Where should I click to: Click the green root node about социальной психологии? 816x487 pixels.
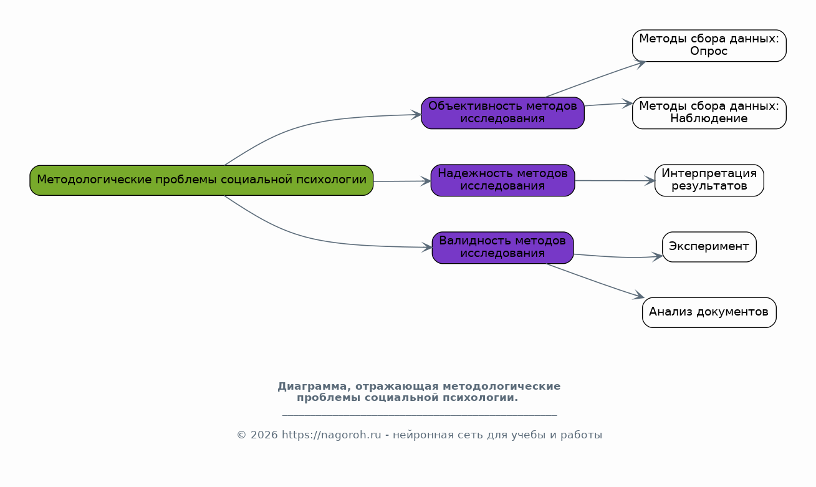click(201, 180)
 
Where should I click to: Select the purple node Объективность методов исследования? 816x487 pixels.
click(502, 113)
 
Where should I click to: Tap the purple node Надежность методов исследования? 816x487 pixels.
click(502, 180)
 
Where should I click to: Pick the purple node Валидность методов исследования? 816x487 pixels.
click(502, 248)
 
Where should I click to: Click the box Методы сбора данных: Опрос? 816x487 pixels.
click(709, 46)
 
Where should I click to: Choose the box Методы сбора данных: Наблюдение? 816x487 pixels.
click(709, 113)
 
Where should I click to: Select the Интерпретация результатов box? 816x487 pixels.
click(709, 180)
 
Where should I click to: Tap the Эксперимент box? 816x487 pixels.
click(709, 247)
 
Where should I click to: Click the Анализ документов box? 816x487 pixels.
click(709, 312)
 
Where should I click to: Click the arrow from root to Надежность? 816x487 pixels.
click(402, 181)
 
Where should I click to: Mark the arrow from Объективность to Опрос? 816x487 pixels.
click(595, 79)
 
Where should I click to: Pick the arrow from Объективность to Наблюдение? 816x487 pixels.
click(608, 104)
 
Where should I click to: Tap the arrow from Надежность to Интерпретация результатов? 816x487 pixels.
click(614, 181)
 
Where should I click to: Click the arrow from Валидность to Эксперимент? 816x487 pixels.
click(617, 257)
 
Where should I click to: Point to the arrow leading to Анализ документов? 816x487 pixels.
click(595, 281)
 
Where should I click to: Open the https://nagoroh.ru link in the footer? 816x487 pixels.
click(331, 435)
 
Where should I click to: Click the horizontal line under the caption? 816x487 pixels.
click(419, 415)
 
